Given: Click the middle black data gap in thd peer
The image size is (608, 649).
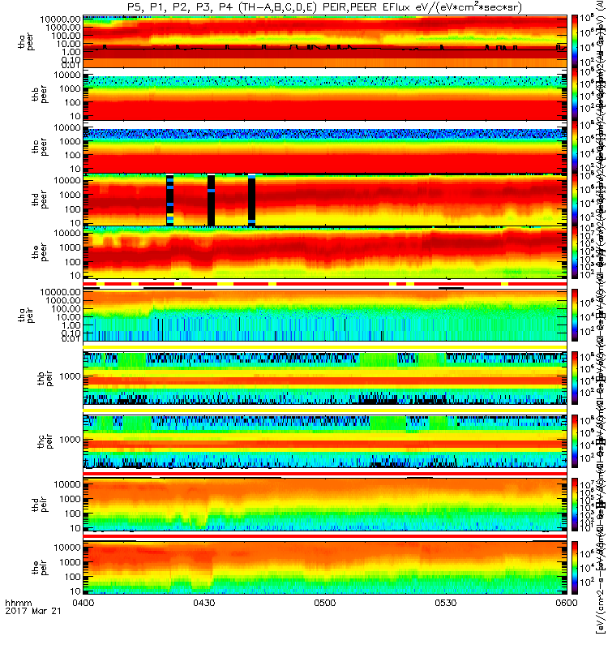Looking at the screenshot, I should [211, 200].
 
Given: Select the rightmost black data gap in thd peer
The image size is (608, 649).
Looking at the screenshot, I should [251, 200].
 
